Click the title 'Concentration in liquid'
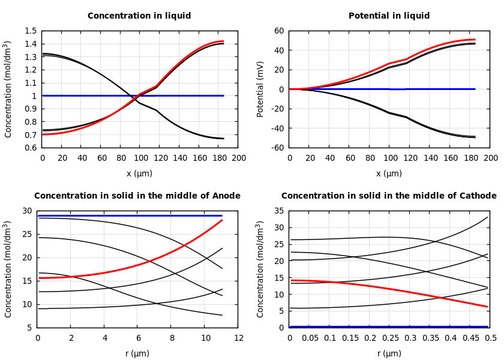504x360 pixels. [139, 16]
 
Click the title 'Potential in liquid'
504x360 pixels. [389, 16]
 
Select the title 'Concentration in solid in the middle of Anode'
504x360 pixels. [137, 196]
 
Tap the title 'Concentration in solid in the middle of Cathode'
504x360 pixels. [389, 196]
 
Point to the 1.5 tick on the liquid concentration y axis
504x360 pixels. [30, 31]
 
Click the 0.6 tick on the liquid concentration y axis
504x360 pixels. [30, 148]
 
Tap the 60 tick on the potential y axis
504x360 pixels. [278, 31]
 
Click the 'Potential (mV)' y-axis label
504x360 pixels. [260, 89]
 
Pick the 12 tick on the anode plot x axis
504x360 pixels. [239, 338]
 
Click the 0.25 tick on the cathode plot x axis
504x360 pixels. [390, 338]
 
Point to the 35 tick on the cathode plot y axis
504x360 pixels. [278, 211]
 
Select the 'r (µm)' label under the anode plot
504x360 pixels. [137, 354]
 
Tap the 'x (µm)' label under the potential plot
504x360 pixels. [389, 174]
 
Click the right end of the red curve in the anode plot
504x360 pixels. [222, 220]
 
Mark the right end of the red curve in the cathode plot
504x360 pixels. [487, 307]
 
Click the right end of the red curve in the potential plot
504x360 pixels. [475, 40]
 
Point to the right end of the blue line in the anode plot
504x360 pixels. [222, 215]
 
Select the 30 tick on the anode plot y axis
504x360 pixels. [27, 211]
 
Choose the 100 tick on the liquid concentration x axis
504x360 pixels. [140, 158]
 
